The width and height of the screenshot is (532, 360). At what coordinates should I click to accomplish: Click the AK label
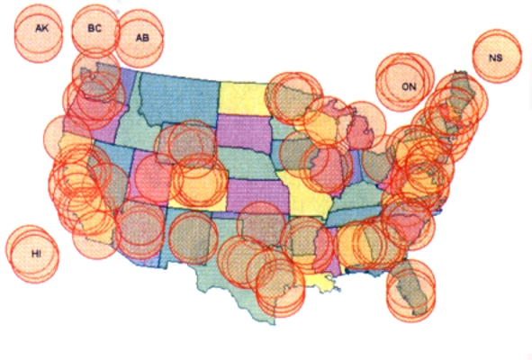(x=41, y=29)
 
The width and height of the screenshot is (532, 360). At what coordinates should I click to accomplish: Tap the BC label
(x=95, y=28)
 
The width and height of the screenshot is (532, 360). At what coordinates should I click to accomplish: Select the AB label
(x=142, y=38)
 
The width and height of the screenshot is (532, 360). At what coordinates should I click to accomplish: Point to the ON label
(x=409, y=87)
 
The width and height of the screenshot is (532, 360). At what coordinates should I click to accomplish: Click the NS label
(x=496, y=59)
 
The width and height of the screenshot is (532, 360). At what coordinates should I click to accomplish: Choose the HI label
(x=36, y=255)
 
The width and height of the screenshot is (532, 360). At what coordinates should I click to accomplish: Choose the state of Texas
(x=243, y=261)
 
